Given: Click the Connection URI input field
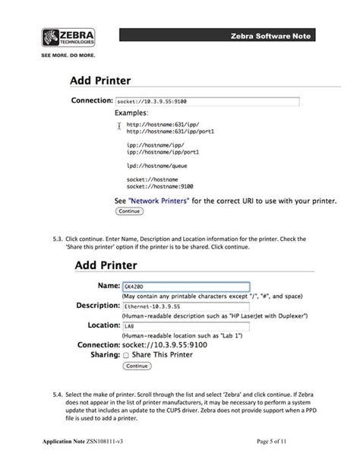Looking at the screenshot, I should coord(207,100).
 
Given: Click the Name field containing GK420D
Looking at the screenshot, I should coord(185,287).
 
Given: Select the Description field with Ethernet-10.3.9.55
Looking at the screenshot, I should coord(185,306).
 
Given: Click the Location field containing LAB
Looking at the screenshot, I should coord(185,325).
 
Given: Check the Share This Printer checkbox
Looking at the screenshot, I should coord(126,354).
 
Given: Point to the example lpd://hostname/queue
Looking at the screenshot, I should coord(157,165).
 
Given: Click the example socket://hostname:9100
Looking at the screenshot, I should coord(159,186).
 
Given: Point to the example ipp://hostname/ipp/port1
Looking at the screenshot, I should coord(159,152).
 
